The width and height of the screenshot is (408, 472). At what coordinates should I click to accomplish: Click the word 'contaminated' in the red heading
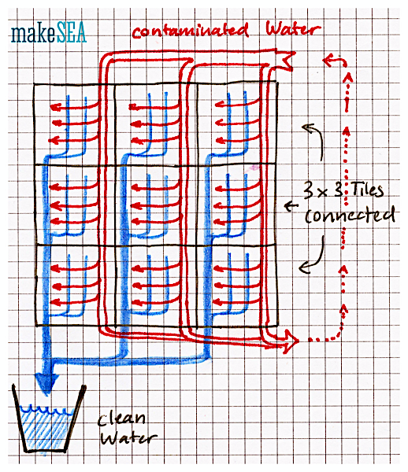[191, 30]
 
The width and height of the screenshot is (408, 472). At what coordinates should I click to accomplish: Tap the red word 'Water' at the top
[293, 28]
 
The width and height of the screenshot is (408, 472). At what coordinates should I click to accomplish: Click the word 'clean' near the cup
[122, 419]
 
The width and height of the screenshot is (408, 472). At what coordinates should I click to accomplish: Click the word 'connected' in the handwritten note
[350, 214]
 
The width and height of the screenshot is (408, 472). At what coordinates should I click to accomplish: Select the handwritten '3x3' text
[322, 190]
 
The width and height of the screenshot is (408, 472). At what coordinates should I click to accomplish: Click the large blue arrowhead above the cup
[46, 382]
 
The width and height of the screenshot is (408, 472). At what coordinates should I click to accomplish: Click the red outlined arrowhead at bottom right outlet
[290, 341]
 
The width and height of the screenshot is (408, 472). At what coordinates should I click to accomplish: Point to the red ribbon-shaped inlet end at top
[286, 60]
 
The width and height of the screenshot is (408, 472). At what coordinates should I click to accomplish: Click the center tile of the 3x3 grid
[156, 205]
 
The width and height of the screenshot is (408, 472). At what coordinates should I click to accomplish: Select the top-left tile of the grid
[74, 124]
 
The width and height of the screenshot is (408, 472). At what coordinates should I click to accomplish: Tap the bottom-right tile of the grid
[237, 286]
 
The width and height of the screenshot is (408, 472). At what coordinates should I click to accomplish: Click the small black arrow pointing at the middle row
[291, 206]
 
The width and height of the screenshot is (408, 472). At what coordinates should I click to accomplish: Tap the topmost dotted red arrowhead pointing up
[348, 78]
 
